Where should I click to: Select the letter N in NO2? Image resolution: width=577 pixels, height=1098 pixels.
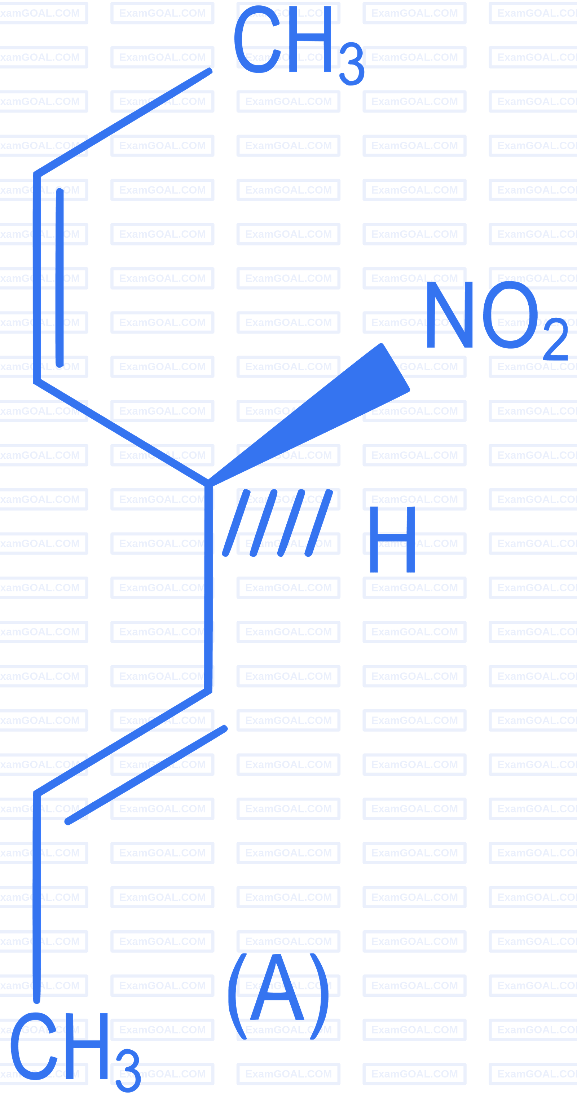point(450,314)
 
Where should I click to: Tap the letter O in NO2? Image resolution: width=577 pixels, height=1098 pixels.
point(510,314)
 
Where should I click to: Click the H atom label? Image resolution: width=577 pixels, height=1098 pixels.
point(392,539)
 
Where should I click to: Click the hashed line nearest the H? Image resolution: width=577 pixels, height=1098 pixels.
point(319,522)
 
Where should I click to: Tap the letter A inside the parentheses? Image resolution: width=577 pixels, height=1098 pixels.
point(277,986)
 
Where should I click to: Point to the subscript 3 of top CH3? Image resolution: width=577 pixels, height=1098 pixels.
point(352,63)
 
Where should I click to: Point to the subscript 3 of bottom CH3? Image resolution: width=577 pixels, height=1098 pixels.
point(128,1071)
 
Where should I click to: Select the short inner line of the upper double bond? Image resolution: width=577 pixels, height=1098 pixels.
point(60,278)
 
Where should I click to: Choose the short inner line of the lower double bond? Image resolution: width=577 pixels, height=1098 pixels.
point(146,775)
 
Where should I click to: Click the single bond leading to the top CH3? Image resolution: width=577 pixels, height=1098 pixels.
point(123,121)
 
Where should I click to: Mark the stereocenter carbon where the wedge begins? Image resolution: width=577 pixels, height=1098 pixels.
point(208,484)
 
